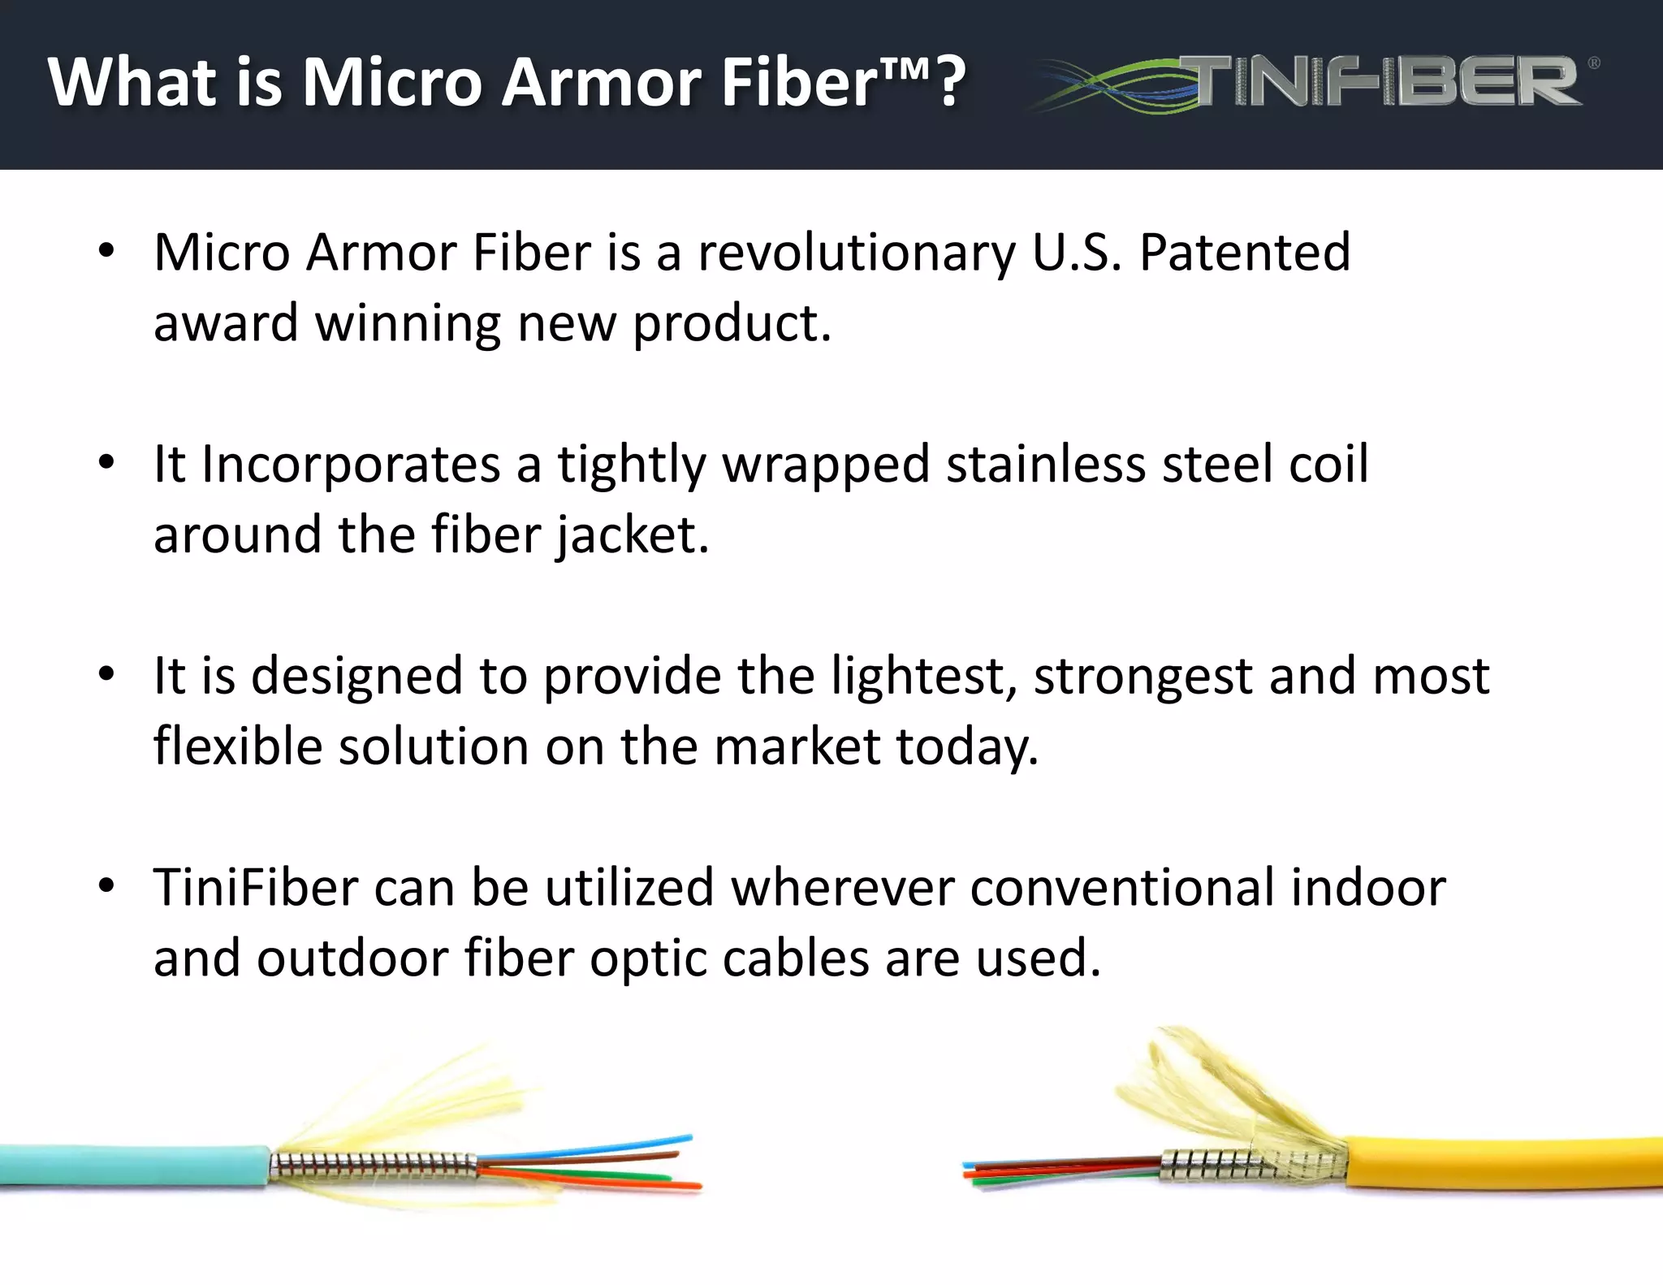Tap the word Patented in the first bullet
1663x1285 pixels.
pyautogui.click(x=1245, y=253)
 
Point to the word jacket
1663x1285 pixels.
pyautogui.click(x=632, y=535)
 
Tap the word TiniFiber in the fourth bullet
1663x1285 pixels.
pyautogui.click(x=256, y=887)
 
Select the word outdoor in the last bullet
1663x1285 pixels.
pyautogui.click(x=352, y=958)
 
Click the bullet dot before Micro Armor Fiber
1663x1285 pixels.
pyautogui.click(x=106, y=251)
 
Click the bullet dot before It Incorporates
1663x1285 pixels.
pyautogui.click(x=106, y=463)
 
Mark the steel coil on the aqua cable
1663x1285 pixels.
pyautogui.click(x=374, y=1166)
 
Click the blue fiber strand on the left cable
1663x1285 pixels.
pyautogui.click(x=617, y=1145)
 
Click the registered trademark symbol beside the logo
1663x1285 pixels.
pyautogui.click(x=1593, y=62)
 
